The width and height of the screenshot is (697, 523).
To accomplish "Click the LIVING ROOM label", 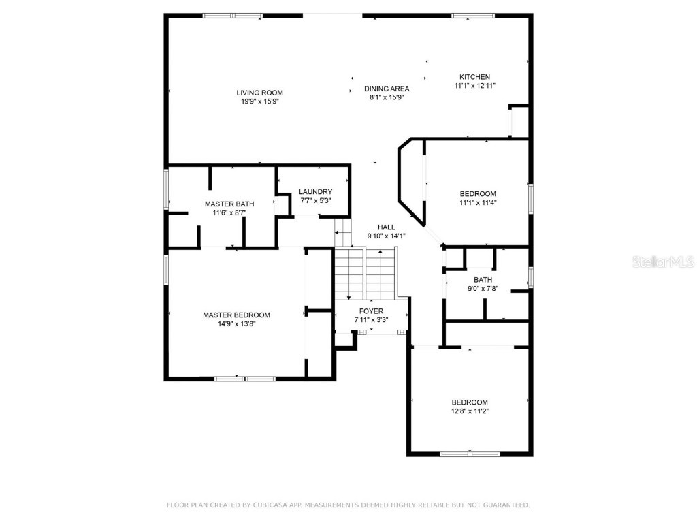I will pos(259,93).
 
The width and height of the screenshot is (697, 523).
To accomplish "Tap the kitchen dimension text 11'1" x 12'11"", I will pos(474,86).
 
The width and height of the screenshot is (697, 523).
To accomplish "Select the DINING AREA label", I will pos(387,89).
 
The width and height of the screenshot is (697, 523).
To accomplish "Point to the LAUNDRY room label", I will pos(316,192).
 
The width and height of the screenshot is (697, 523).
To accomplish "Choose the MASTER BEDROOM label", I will pos(236,315).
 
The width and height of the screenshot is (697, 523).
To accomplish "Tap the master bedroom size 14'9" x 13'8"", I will pos(236,324).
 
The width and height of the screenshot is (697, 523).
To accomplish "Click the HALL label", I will pos(387,227).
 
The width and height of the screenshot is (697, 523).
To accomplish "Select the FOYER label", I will pos(371,311).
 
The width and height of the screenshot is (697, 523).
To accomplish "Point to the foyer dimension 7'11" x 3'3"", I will pos(371,320).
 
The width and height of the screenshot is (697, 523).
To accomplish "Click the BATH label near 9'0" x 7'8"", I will pos(483,279).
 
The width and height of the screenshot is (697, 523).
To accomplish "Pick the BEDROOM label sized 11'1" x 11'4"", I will pos(478,193).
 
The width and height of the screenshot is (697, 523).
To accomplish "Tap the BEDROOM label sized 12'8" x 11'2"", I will pos(470,402).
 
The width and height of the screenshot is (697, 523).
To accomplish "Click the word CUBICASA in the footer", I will pos(272,505).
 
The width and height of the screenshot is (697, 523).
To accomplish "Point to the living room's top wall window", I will pos(232,16).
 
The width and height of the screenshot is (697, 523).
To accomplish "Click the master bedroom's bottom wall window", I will pos(245,378).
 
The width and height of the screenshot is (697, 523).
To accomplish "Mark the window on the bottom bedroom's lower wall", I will pos(470,454).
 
